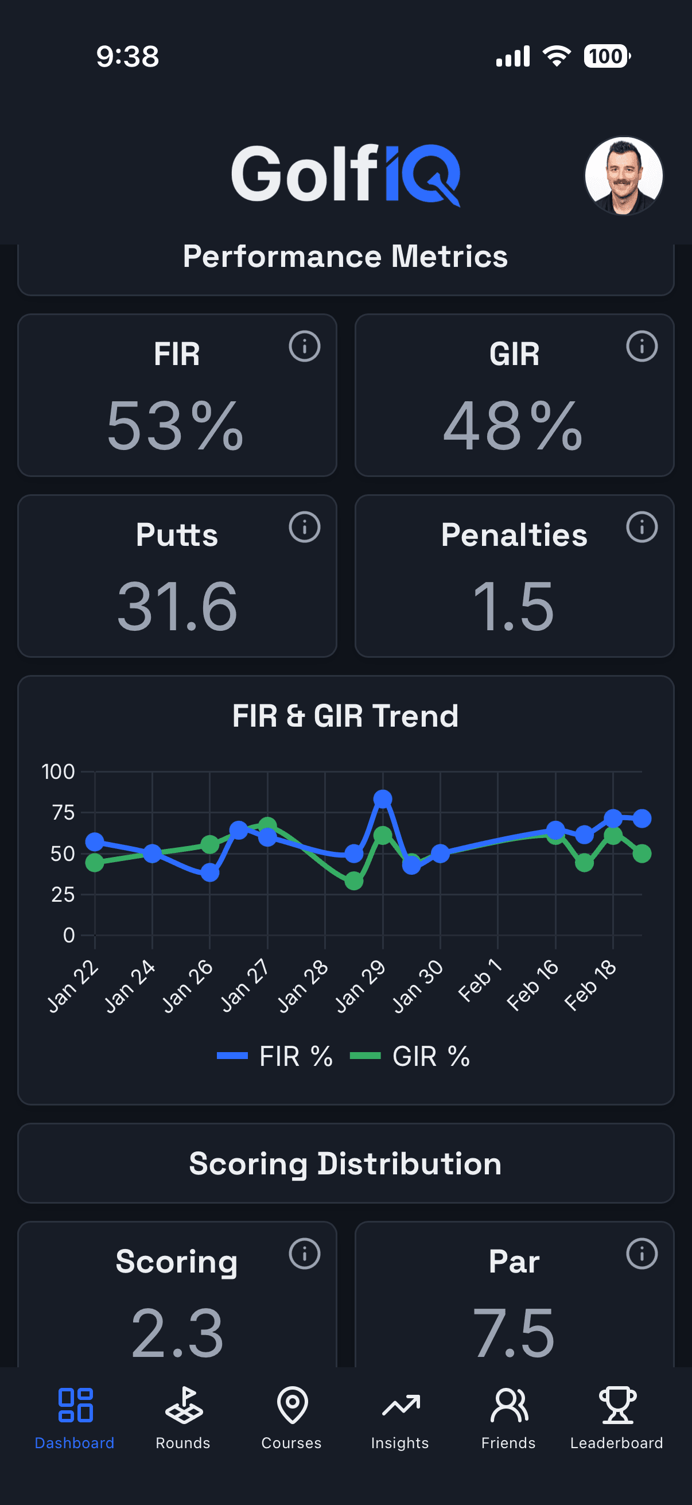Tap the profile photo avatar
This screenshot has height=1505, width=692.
623,176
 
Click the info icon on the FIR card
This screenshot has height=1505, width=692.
304,347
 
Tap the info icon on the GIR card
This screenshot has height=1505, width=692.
641,347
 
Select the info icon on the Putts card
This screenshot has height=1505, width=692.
304,527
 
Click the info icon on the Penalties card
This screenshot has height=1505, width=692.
641,527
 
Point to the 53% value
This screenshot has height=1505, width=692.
175,426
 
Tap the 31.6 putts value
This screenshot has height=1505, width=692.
177,607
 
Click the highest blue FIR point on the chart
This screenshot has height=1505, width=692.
383,798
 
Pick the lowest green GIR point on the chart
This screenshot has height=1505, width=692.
354,880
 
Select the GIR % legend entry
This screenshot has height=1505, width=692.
410,1056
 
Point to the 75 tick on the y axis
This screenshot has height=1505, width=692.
63,813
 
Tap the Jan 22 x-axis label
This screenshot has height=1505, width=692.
73,986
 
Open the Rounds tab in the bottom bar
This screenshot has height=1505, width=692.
183,1417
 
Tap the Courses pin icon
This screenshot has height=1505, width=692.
292,1405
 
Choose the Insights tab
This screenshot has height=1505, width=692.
400,1417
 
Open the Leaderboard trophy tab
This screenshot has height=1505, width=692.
617,1417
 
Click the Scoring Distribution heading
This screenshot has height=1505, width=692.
345,1163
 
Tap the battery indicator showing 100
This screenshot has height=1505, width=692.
606,57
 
